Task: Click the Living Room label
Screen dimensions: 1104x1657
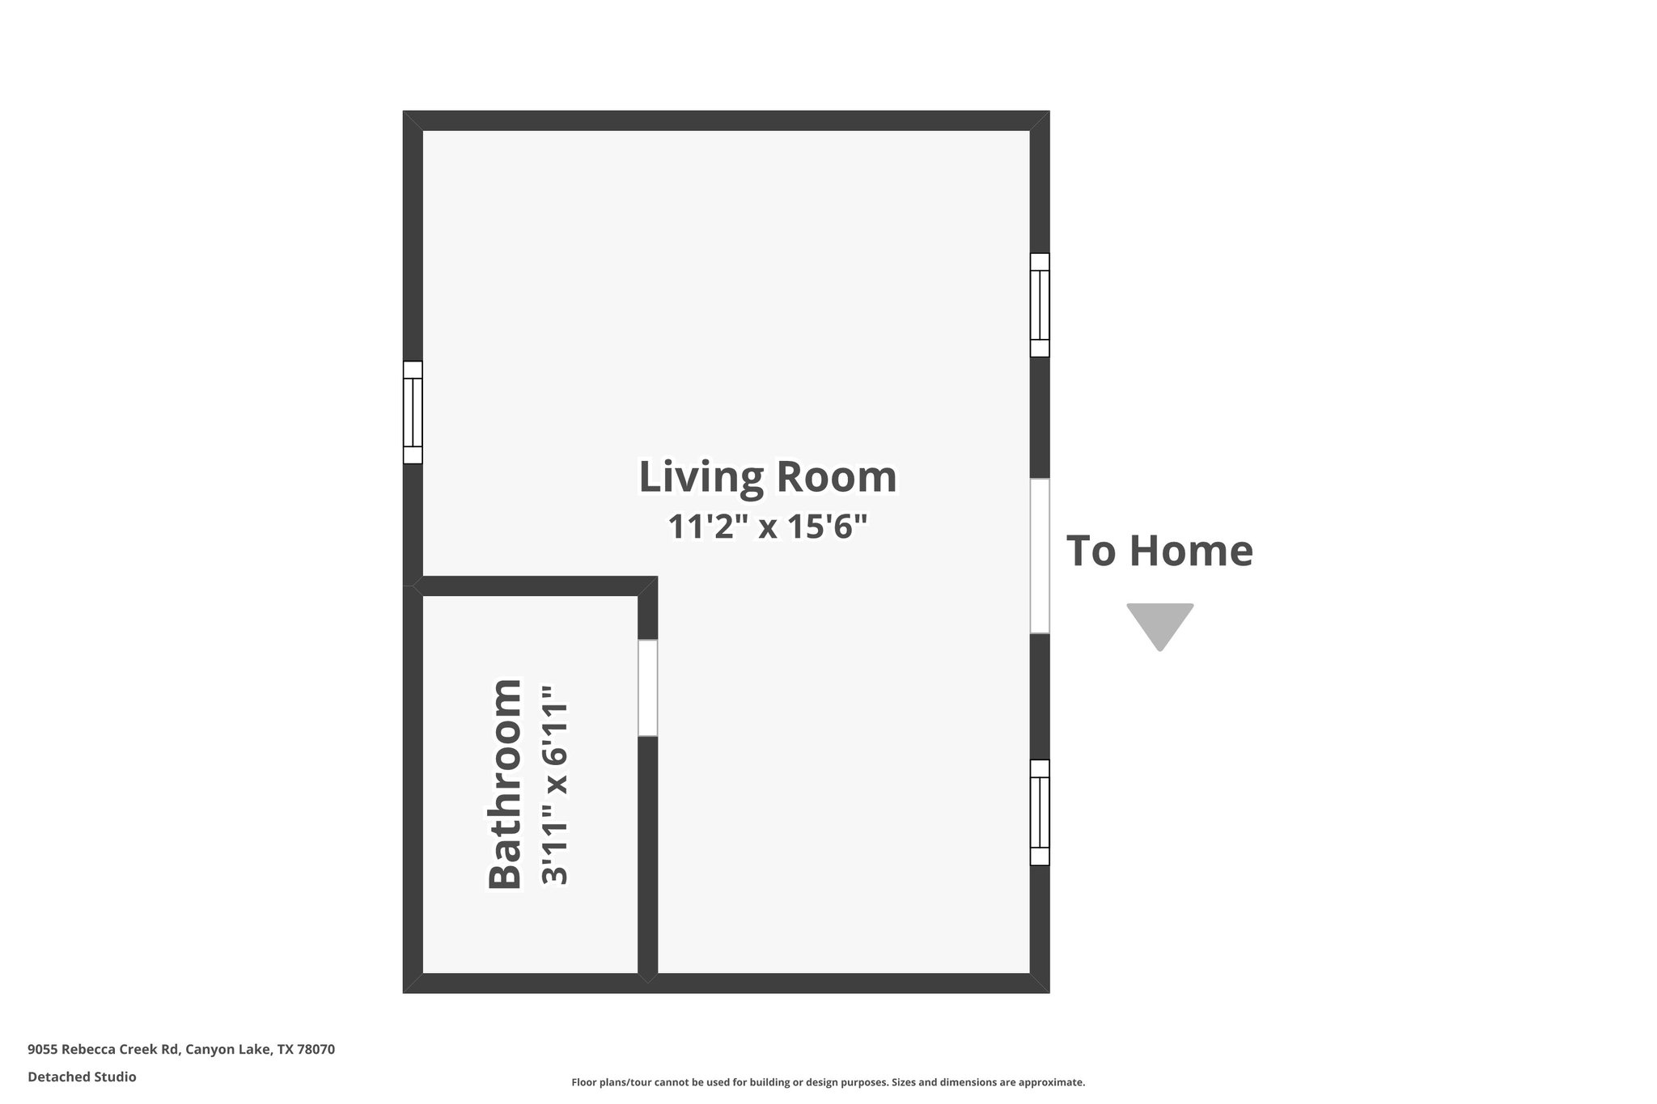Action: [767, 477]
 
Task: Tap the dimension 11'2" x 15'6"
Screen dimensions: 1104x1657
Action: [767, 527]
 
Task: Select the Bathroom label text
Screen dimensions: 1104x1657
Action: [506, 784]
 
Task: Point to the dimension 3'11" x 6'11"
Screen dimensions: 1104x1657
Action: [556, 785]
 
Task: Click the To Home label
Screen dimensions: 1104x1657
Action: [1159, 551]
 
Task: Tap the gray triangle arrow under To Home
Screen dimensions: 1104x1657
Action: [1159, 624]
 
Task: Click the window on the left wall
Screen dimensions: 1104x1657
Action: [413, 412]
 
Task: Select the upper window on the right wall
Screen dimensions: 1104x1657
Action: [1040, 305]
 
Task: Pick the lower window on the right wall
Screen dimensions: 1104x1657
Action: [1040, 812]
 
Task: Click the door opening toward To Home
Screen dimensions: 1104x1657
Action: [1040, 556]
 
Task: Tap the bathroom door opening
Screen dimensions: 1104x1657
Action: [647, 688]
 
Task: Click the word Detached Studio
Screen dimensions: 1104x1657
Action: [82, 1077]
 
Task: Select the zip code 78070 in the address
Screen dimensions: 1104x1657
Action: [316, 1050]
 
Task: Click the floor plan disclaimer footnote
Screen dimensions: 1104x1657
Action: [828, 1082]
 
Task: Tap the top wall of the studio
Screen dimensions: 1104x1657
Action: [726, 121]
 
